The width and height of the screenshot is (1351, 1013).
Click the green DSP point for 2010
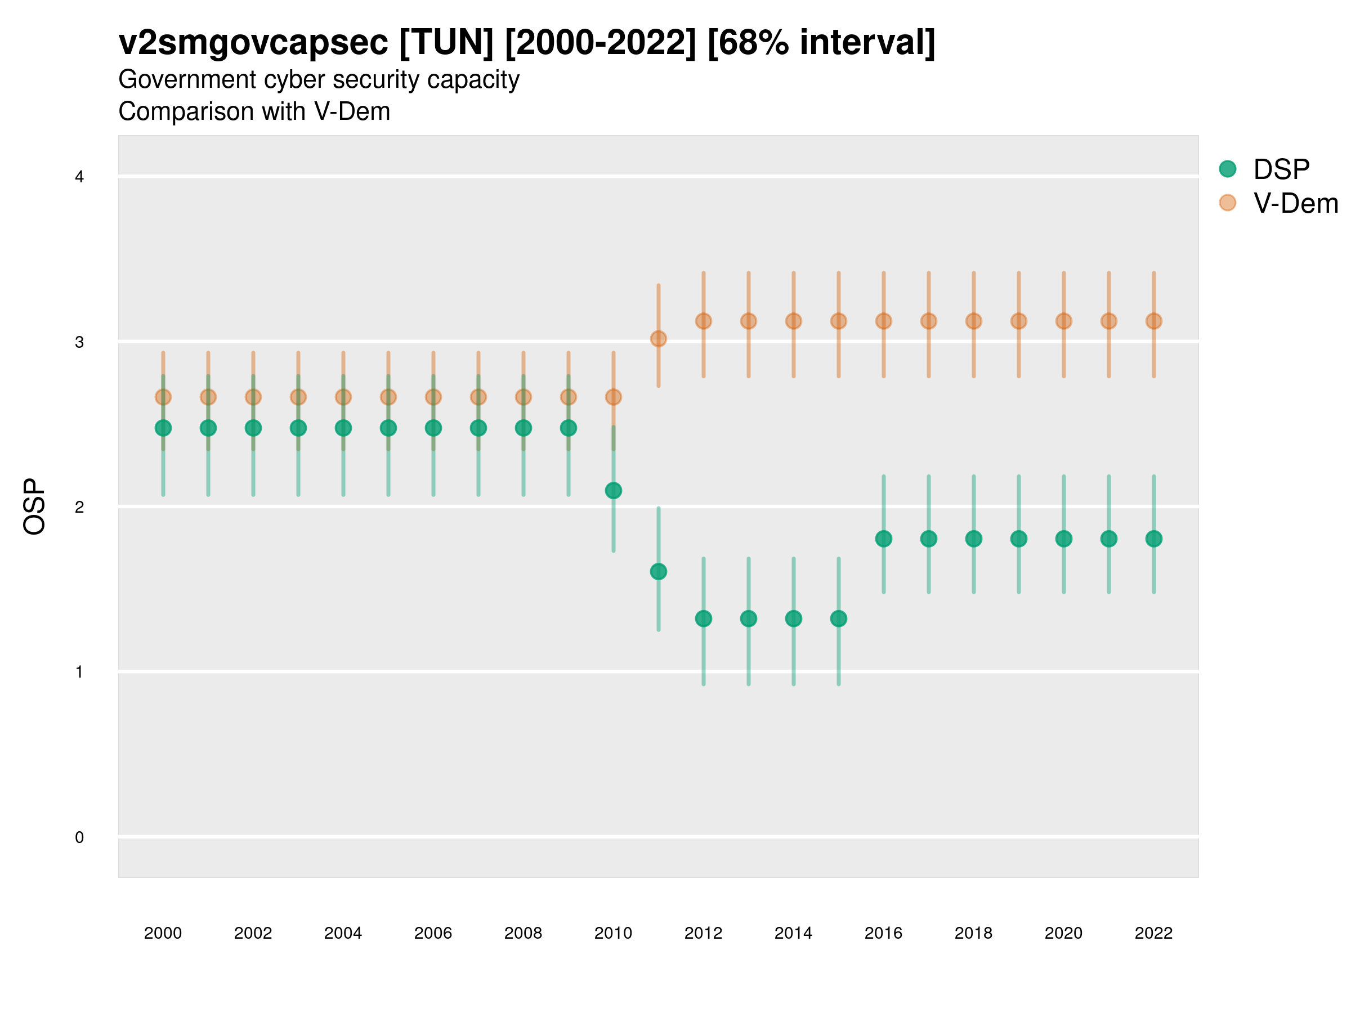point(613,490)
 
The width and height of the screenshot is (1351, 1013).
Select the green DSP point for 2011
point(659,572)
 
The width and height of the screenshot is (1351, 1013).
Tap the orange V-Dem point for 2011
point(659,339)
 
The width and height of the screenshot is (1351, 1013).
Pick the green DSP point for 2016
point(884,539)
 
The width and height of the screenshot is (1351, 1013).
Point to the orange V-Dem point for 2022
point(1154,321)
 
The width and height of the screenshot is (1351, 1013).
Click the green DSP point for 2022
point(1154,539)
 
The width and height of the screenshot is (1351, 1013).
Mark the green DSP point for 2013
point(749,618)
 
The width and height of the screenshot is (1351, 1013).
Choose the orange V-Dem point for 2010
point(613,397)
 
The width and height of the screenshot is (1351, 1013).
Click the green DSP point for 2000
point(163,428)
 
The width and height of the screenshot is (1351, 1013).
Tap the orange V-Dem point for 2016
point(884,321)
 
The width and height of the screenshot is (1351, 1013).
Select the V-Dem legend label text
point(1295,203)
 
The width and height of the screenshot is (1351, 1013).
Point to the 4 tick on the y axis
point(79,177)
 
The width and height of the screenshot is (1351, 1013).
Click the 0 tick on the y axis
point(79,837)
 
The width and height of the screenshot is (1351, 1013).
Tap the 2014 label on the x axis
point(793,933)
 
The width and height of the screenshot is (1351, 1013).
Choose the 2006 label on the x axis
point(433,933)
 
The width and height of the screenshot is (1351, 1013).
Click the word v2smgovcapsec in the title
point(253,43)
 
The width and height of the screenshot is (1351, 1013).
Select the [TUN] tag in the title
point(446,43)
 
